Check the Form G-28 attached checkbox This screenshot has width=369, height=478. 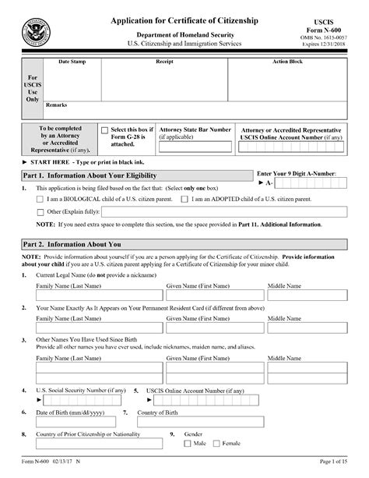[105, 130]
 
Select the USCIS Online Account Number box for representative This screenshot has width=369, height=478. [291, 147]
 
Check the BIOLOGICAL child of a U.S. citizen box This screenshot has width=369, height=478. [40, 200]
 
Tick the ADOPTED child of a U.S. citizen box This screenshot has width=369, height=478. [184, 200]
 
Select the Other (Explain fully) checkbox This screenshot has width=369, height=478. [40, 211]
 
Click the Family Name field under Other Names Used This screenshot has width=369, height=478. [99, 373]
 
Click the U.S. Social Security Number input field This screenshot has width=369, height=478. [81, 400]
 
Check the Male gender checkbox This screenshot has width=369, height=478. [187, 444]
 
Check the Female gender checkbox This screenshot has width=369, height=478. [218, 444]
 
